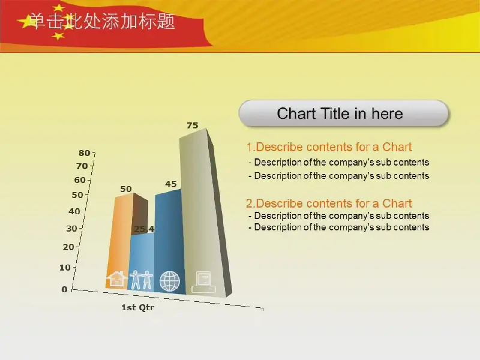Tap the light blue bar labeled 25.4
142,260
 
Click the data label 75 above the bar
193,125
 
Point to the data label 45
171,184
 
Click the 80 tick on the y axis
85,153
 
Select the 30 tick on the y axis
71,229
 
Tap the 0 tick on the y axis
64,289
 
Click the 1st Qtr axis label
138,307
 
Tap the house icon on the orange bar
116,279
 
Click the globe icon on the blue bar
170,281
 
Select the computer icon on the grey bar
203,282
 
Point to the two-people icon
141,280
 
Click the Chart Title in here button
343,113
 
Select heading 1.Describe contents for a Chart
329,147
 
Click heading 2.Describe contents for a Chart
329,203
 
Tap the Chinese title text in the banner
103,22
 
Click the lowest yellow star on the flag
58,36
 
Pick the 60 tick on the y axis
80,180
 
